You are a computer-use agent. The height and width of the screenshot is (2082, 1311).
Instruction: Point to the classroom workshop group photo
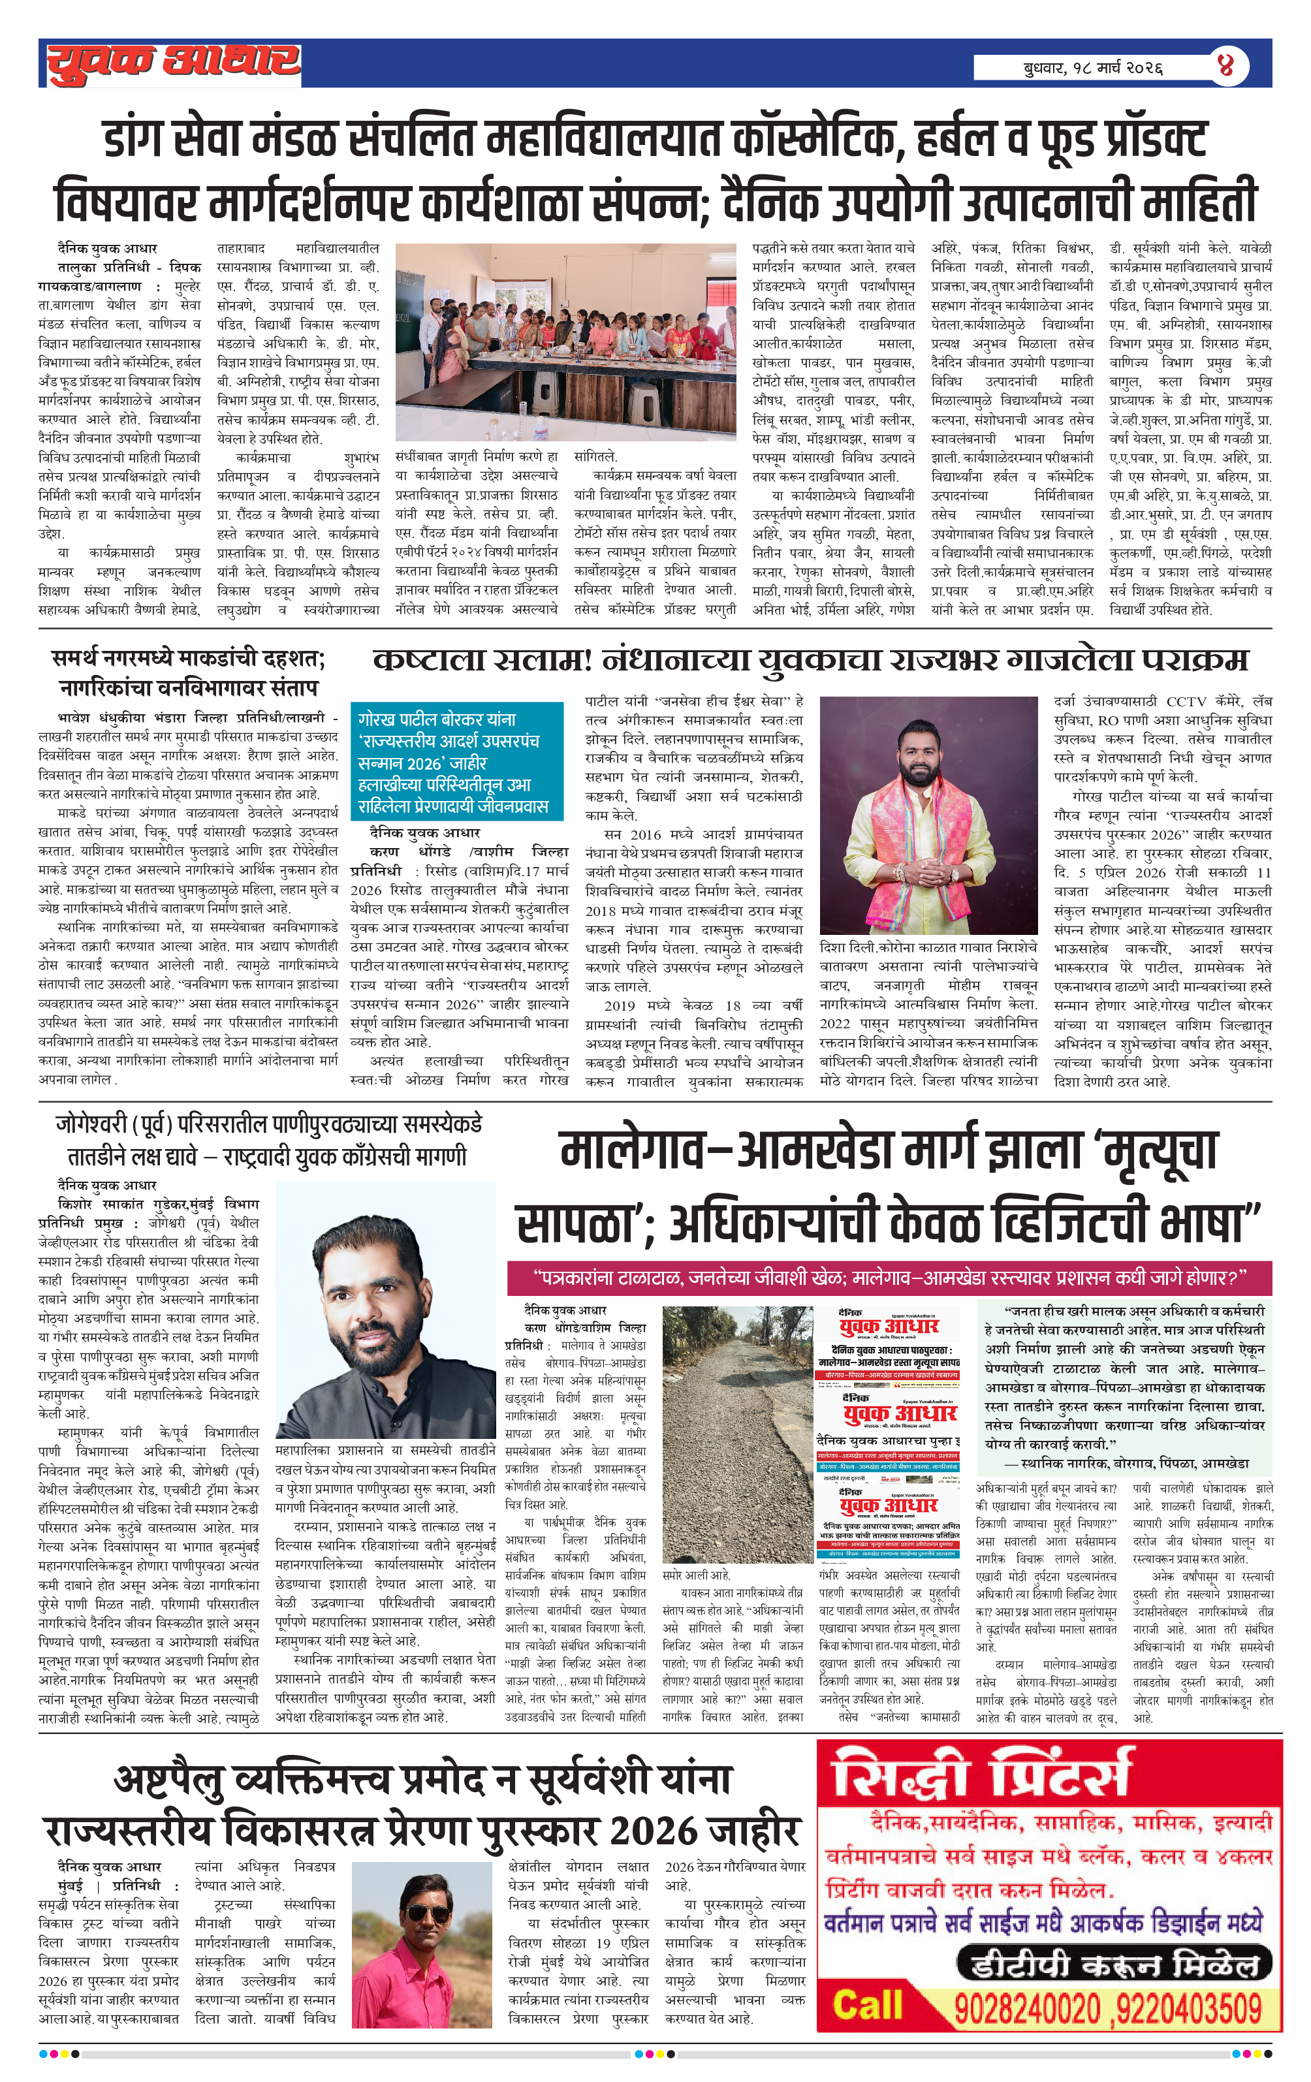(x=565, y=341)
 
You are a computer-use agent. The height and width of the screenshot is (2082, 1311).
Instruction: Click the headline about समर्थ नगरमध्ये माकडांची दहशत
(x=189, y=672)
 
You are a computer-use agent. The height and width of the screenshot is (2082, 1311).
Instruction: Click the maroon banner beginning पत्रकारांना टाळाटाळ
(x=889, y=1278)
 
